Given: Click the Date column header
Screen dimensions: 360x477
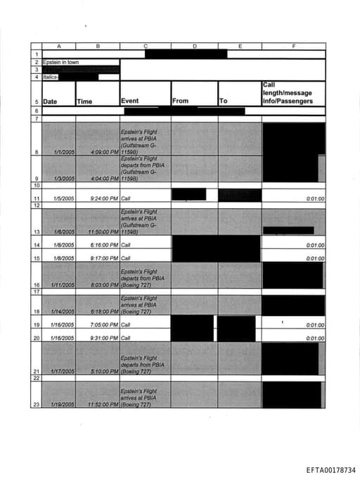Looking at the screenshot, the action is click(50, 101).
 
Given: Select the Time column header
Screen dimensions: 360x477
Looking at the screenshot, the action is click(84, 101).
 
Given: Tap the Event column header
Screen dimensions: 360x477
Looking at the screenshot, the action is click(130, 101).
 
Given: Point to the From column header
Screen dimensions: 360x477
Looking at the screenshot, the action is click(181, 101).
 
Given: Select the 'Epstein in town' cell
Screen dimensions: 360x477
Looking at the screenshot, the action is click(61, 63).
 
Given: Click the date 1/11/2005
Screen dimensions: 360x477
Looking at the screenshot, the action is click(62, 286).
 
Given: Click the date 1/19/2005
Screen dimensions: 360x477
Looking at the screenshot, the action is click(62, 405).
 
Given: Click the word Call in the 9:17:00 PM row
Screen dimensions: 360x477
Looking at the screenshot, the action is click(126, 258).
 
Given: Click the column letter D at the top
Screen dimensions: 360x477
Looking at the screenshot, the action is click(194, 46).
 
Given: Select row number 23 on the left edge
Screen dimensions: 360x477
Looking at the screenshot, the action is click(35, 405).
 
